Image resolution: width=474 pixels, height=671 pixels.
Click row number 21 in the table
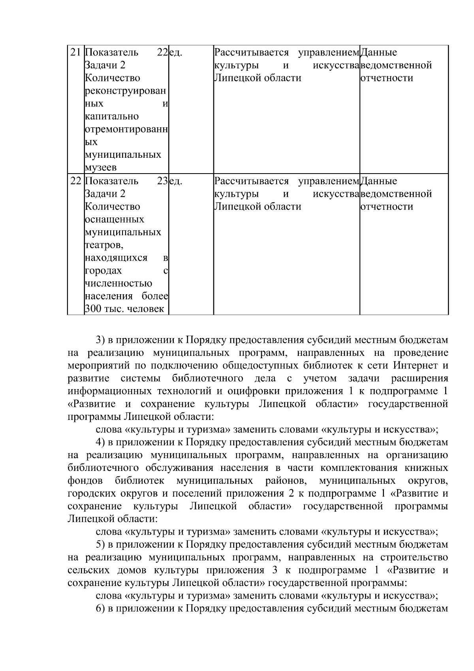point(75,52)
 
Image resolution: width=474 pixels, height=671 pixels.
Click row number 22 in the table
point(75,181)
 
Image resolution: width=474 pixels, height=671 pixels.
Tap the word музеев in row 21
point(101,168)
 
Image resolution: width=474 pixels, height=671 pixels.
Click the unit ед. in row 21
point(175,52)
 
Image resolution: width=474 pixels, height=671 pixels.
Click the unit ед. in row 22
point(175,181)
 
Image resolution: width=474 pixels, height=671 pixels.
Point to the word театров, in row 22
point(104,245)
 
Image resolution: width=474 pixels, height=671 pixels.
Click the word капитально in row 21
point(112,116)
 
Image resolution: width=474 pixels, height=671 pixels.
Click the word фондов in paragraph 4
point(85,480)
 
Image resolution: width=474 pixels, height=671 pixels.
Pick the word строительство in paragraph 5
point(414,557)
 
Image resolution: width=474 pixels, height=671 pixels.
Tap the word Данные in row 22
point(379,181)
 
